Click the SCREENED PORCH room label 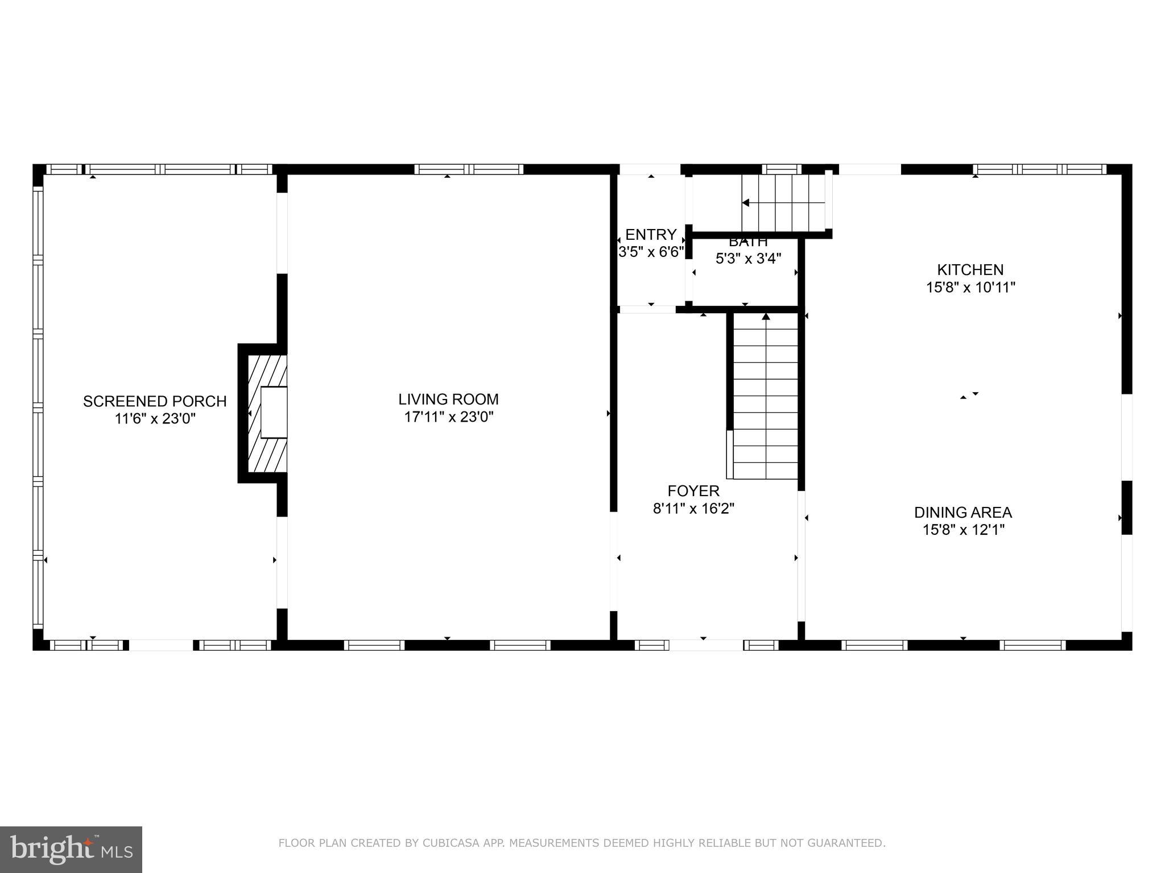155,401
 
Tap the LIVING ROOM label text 448,399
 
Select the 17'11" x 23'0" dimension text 448,417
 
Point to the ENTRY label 651,234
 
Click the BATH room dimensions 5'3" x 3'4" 748,259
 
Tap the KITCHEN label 970,269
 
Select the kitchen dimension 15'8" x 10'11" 970,288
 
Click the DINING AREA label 962,512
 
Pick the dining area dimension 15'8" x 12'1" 963,530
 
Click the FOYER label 693,490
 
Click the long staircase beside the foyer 766,398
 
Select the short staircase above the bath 783,203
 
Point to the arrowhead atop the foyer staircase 766,316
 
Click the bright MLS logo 71,849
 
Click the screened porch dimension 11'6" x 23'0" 155,419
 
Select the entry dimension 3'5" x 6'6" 651,252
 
